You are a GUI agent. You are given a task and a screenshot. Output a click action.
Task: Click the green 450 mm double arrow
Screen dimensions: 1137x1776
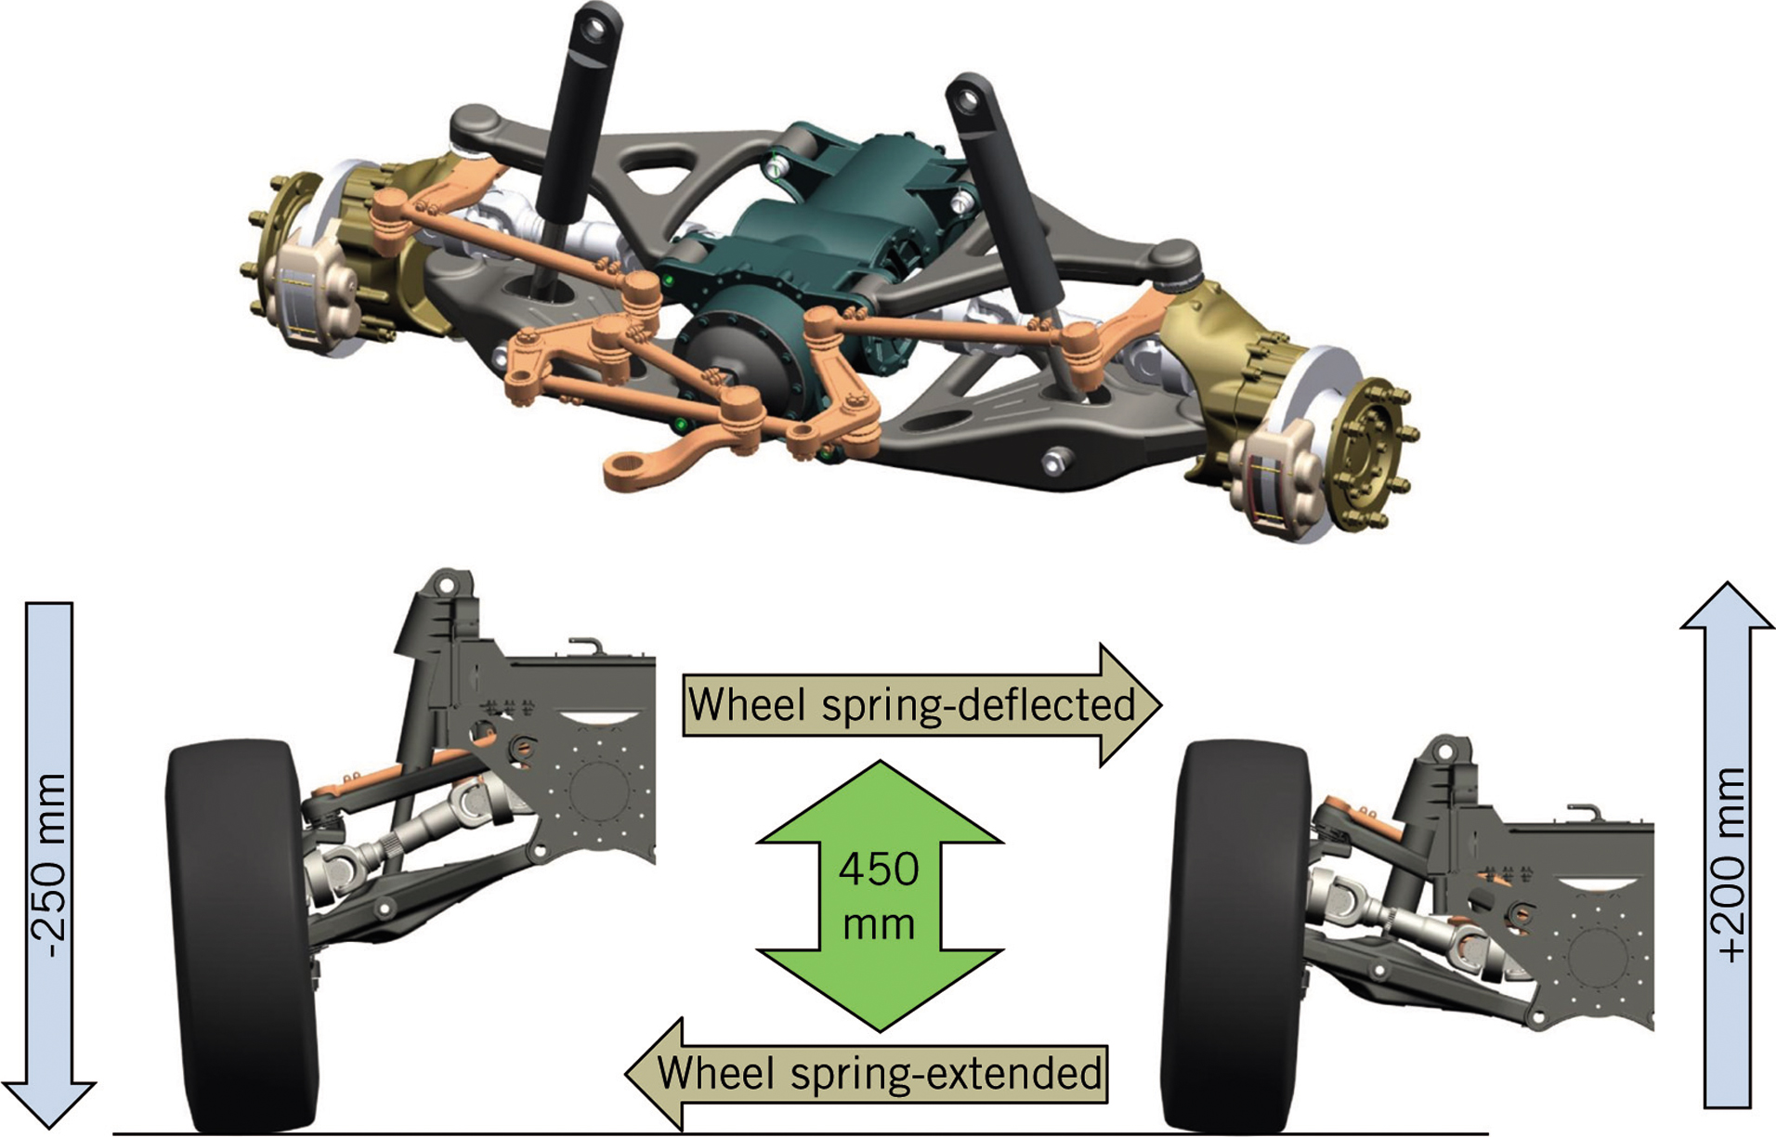click(879, 895)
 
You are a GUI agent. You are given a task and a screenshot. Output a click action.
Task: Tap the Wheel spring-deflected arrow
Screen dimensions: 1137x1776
click(920, 705)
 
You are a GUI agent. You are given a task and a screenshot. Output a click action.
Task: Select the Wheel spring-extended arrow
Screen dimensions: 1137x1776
click(868, 1074)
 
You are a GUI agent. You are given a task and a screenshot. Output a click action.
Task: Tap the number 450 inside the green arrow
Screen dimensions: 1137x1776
click(879, 869)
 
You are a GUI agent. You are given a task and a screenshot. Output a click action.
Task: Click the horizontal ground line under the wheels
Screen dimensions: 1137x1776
click(799, 1133)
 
